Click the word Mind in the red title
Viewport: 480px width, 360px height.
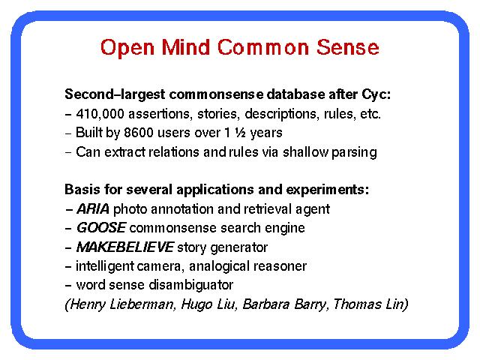[185, 47]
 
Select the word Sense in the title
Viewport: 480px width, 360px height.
[348, 47]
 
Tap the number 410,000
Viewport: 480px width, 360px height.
[100, 114]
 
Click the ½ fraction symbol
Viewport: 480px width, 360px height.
[240, 133]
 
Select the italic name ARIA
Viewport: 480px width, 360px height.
[93, 209]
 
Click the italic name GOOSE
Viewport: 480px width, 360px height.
[101, 228]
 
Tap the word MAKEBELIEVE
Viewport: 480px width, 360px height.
[125, 247]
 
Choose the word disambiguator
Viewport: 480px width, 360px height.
[191, 285]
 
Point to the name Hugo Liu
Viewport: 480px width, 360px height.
[209, 304]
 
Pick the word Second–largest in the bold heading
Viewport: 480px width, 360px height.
[115, 94]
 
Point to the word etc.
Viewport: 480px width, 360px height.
[370, 114]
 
